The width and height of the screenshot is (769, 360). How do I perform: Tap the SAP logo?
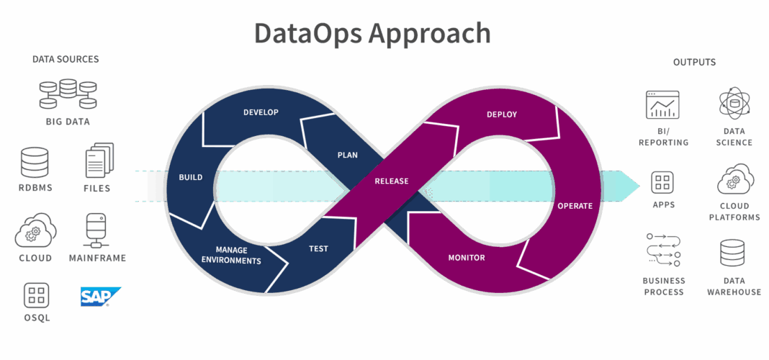[99, 296]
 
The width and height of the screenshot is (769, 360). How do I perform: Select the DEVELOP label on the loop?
[261, 112]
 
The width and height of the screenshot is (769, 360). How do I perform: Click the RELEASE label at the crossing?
[392, 181]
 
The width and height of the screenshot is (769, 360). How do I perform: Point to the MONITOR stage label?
[467, 257]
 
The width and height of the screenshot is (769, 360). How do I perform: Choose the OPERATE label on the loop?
[575, 206]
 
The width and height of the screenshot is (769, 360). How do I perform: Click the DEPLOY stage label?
[502, 114]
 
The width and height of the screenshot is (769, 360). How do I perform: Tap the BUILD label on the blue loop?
[191, 177]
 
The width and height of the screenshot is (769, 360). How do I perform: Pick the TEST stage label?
[318, 248]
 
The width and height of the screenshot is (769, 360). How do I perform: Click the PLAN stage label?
[348, 155]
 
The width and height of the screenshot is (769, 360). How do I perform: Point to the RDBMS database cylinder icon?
[35, 162]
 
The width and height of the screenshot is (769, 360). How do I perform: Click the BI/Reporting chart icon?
[662, 106]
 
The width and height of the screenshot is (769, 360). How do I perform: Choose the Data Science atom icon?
[734, 103]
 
